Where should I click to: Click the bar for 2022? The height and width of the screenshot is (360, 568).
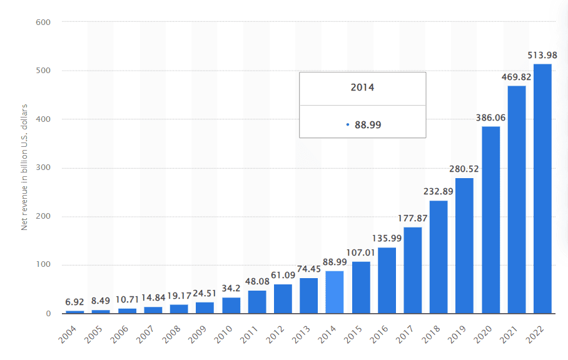[542, 188]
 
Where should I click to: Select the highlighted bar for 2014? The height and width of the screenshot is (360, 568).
[335, 292]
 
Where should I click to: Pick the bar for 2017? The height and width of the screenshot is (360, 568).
[413, 270]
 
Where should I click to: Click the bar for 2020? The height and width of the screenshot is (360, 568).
[490, 219]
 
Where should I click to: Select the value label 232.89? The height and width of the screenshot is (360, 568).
[438, 191]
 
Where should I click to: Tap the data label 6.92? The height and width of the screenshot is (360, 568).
[74, 302]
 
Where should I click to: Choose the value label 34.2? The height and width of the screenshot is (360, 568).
[231, 288]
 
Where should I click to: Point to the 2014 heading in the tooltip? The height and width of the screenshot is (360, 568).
[362, 87]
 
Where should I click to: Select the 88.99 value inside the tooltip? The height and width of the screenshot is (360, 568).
[368, 124]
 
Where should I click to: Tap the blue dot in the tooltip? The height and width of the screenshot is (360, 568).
[347, 124]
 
